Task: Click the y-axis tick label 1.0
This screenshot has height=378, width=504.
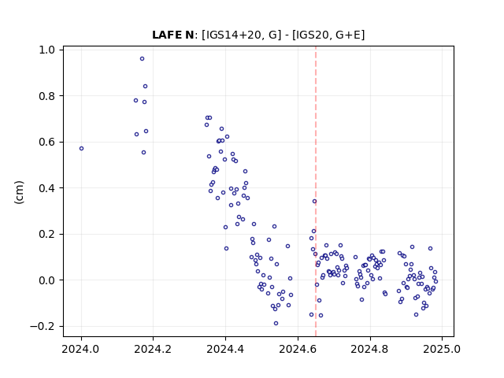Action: click(46, 50)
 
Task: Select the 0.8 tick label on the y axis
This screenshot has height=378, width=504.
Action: click(46, 96)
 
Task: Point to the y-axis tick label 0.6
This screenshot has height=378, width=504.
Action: click(46, 142)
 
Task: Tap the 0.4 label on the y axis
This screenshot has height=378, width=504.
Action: click(46, 188)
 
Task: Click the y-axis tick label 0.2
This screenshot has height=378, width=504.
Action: click(46, 235)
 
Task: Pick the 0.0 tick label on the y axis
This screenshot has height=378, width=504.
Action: click(46, 280)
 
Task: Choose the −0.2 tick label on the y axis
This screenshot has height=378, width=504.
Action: click(43, 326)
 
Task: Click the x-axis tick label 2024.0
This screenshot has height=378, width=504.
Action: click(81, 349)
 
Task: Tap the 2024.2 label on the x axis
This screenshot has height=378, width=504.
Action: click(154, 349)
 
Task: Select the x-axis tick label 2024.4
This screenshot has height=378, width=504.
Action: click(226, 349)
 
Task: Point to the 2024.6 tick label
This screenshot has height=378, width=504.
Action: click(298, 349)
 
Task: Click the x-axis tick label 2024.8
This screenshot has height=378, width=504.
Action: click(370, 349)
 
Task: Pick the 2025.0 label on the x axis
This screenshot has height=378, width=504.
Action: click(442, 349)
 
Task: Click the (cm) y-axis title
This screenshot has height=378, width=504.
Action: click(19, 192)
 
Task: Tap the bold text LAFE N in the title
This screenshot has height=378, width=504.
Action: click(172, 35)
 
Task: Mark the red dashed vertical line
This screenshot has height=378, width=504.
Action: click(316, 191)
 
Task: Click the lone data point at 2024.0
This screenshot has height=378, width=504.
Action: click(81, 149)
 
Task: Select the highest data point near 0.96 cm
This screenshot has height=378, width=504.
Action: click(142, 59)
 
